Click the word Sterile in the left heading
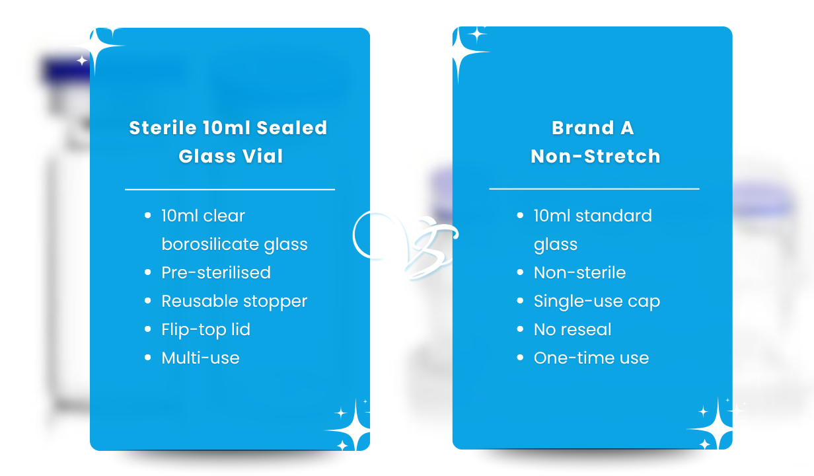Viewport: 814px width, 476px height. point(163,128)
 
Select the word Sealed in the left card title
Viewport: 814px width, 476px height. point(292,128)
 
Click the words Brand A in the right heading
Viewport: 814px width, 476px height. point(593,128)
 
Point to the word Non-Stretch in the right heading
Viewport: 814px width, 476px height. point(595,156)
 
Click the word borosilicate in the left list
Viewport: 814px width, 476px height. point(209,244)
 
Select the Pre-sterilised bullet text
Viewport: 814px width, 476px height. point(216,272)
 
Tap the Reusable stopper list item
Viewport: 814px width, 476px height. point(235,301)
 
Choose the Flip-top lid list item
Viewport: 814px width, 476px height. point(205,330)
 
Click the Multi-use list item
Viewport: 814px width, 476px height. point(200,358)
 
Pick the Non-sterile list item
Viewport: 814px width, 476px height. point(579,272)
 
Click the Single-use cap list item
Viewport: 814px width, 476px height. point(597,301)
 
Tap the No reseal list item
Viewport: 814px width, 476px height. point(572,329)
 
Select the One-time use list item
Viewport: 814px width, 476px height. point(591,358)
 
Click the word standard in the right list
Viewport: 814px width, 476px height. point(613,216)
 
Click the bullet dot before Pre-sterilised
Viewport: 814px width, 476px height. point(147,272)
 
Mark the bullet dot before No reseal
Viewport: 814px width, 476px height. point(520,329)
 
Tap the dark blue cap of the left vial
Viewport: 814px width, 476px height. point(65,69)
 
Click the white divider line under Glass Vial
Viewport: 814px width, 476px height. point(230,190)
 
